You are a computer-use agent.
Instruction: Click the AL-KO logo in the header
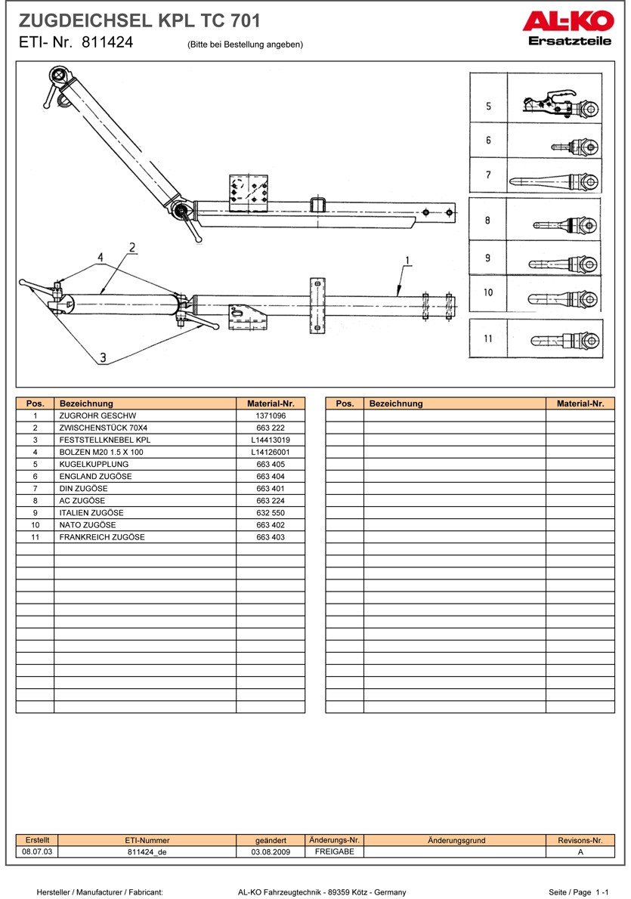pos(566,23)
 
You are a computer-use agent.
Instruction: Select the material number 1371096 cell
pos(270,416)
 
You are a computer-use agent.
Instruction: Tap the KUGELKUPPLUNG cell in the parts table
pos(94,464)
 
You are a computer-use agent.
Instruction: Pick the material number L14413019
pos(270,440)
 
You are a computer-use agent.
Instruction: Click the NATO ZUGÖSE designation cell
pos(88,524)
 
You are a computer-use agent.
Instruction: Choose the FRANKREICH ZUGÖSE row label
pos(102,536)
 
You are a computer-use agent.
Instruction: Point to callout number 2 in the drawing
pos(131,247)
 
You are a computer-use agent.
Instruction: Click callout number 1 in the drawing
pos(407,261)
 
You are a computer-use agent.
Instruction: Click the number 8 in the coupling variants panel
pos(487,221)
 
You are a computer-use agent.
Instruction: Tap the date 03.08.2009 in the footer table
pos(271,851)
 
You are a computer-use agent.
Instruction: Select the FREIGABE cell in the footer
pos(334,851)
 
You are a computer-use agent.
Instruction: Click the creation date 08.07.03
pos(37,851)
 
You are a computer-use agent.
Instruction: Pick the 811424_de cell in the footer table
pos(147,851)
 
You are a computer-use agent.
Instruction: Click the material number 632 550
pos(270,512)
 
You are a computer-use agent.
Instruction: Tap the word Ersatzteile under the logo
pos(570,42)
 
